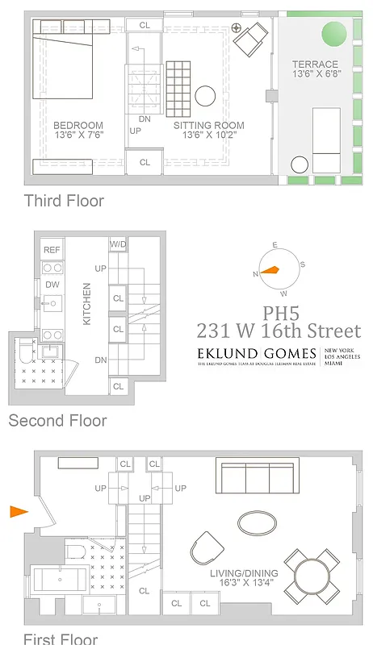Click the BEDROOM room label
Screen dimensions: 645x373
78,125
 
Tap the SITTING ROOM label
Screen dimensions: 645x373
208,125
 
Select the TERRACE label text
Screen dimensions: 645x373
316,64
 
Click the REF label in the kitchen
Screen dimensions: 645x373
52,251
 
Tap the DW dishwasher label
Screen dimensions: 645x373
52,285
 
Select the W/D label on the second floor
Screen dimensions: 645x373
118,243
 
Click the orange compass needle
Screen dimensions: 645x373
270,271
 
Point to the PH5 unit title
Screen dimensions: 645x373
279,313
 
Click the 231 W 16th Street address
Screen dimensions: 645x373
279,331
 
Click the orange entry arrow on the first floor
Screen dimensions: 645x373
19,511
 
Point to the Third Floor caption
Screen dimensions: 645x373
64,201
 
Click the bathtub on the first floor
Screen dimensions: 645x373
61,580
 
